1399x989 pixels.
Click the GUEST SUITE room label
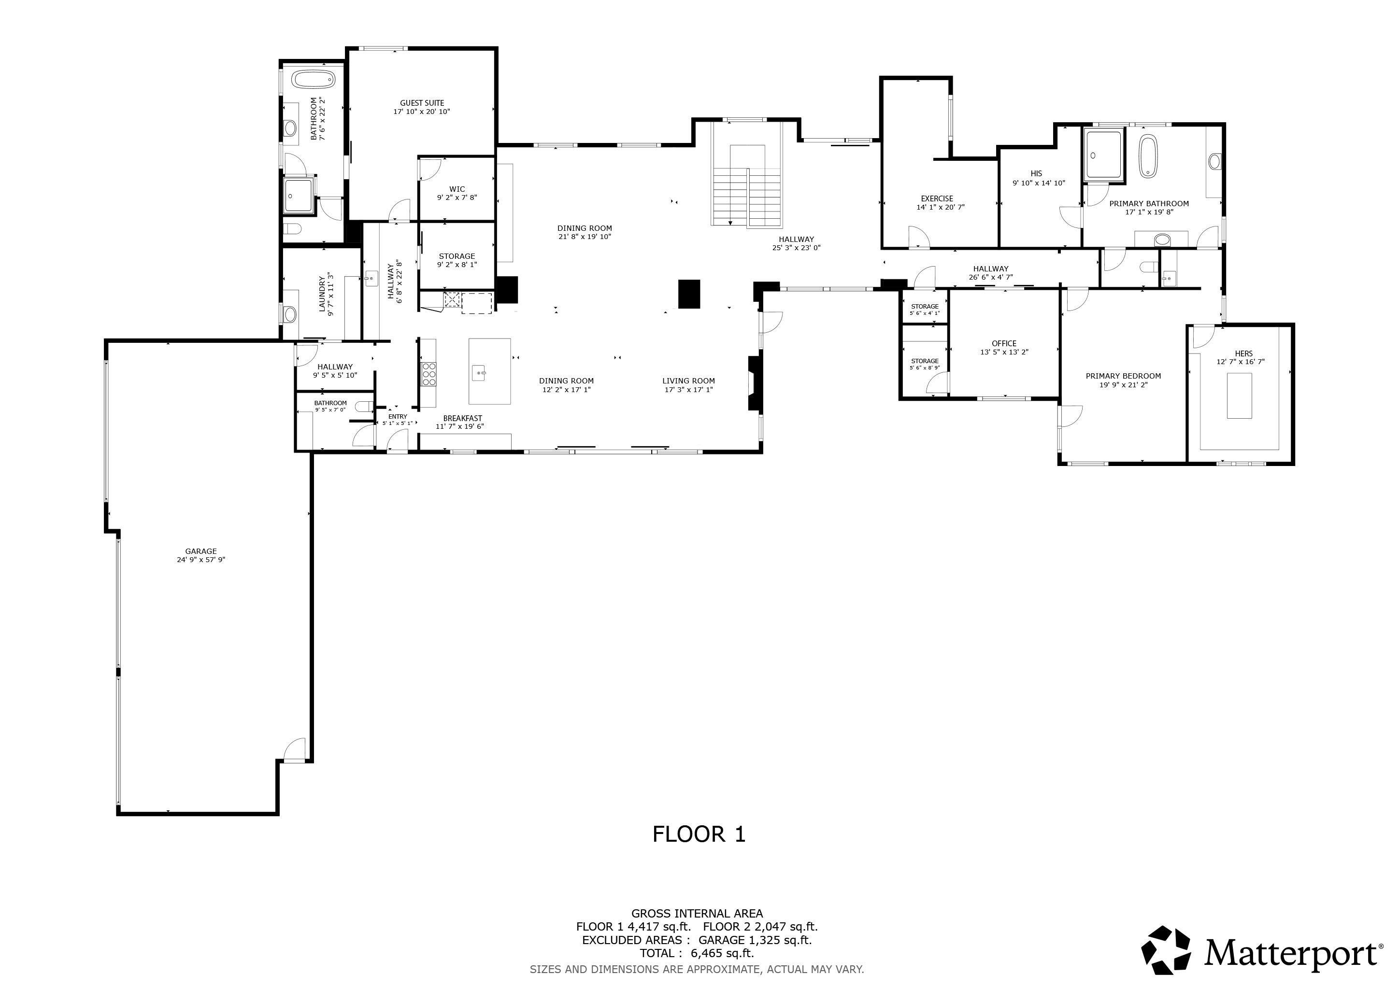point(422,103)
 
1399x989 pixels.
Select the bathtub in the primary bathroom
point(1148,156)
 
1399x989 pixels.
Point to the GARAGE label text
point(201,551)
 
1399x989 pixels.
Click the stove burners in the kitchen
point(428,373)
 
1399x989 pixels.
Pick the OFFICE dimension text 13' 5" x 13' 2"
point(1004,352)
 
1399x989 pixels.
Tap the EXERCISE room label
point(937,198)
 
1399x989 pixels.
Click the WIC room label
point(457,189)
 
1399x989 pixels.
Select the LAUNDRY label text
point(322,294)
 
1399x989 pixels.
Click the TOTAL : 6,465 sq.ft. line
point(697,953)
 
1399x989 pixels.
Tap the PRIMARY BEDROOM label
point(1123,376)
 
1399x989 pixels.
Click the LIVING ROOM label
point(688,381)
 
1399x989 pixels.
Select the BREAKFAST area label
point(462,418)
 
